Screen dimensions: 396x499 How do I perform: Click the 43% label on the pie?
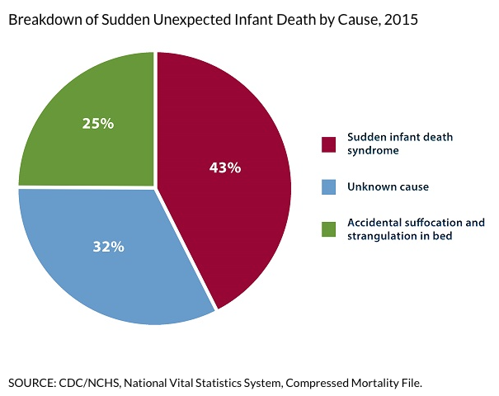pos(224,167)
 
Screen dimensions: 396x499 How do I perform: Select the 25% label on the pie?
pos(98,124)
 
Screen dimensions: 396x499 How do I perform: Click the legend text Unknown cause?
pos(388,187)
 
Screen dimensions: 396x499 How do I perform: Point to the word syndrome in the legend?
pos(374,151)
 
